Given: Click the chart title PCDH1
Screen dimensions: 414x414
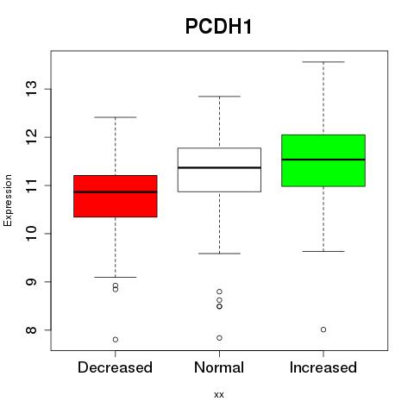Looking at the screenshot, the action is pos(218,27).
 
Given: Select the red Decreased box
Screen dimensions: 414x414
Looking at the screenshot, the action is pos(116,196).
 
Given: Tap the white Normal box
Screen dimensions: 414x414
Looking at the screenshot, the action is pos(219,170).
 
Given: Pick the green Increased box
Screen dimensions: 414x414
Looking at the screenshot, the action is pos(323,160).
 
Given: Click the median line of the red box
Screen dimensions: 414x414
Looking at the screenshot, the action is pos(116,191).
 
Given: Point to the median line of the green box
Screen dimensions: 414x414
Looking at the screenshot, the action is pos(323,160).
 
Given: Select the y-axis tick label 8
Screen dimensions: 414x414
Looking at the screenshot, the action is pos(31,329).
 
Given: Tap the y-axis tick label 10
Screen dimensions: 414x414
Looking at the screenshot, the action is pos(31,234).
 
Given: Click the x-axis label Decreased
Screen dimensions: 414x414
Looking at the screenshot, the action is pos(115,367).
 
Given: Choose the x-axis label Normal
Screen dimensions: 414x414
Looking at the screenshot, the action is pos(219,367).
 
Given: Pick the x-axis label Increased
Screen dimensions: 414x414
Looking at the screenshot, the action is pos(323,367).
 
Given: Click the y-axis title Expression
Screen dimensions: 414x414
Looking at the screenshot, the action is pos(8,200).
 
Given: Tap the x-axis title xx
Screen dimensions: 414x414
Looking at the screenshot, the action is pos(219,395).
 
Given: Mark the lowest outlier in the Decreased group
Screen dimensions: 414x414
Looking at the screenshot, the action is pos(116,340).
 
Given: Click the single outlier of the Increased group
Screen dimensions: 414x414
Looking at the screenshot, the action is pos(323,329).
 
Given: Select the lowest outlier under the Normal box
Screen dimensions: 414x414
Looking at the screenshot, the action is pos(219,338).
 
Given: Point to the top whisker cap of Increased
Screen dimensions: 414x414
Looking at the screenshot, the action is pos(323,62).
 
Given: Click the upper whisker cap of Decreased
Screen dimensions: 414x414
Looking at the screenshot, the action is pos(116,117).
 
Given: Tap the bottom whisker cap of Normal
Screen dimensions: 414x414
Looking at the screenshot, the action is pos(219,254).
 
